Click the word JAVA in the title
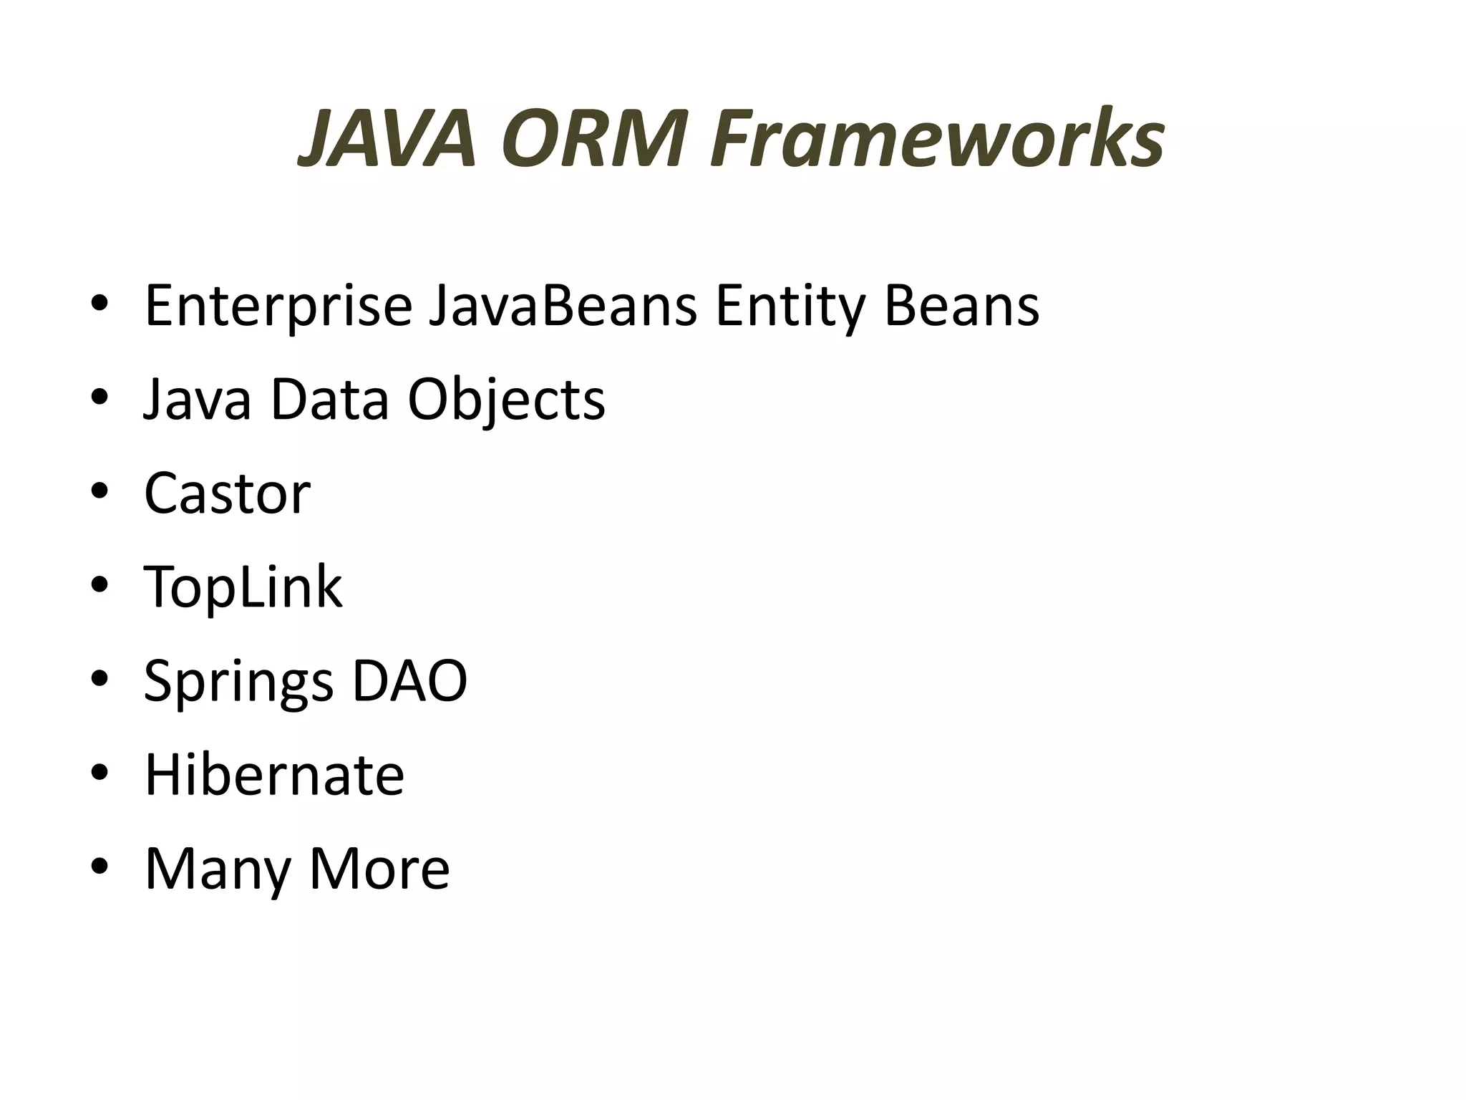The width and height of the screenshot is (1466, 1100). click(387, 139)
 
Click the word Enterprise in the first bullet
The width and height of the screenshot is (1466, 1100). click(278, 307)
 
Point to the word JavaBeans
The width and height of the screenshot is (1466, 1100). click(563, 307)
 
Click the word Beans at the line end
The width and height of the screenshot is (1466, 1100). click(961, 307)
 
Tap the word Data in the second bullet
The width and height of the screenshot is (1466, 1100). click(329, 400)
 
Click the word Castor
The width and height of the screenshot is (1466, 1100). click(228, 493)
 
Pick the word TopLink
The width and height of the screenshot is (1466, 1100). click(243, 587)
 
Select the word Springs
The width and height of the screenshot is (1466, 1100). click(239, 682)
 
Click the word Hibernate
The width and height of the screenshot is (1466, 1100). click(275, 775)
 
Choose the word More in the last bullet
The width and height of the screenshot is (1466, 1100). click(379, 869)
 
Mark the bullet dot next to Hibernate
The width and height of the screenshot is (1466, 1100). click(99, 773)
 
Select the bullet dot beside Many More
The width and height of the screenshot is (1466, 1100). click(99, 867)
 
